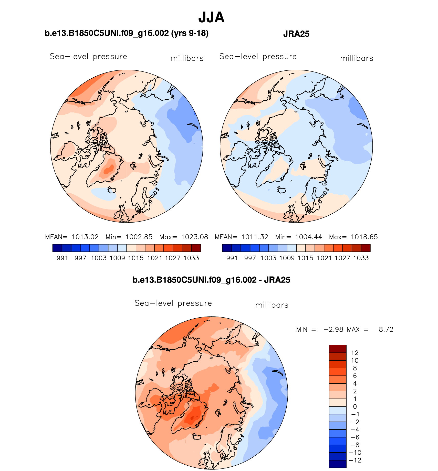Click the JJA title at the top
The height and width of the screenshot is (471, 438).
click(211, 17)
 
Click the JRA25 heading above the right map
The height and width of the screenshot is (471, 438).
click(296, 34)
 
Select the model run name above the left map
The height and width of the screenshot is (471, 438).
click(127, 33)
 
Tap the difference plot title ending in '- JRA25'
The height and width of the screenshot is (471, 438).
click(211, 280)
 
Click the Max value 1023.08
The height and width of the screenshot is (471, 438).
click(195, 237)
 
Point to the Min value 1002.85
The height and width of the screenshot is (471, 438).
click(139, 237)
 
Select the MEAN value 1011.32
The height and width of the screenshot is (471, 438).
click(255, 237)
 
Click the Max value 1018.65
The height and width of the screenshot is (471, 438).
click(364, 237)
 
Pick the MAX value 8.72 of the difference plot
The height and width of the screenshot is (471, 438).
click(386, 329)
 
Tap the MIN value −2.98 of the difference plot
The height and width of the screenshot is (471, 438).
click(333, 329)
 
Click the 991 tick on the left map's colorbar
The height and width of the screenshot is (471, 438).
click(62, 258)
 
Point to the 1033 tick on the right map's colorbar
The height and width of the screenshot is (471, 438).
click(361, 258)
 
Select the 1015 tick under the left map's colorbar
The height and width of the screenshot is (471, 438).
click(136, 258)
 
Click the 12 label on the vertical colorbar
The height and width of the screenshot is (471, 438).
click(355, 353)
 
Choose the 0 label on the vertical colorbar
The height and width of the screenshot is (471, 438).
click(355, 406)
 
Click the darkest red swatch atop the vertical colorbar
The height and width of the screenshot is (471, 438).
click(338, 349)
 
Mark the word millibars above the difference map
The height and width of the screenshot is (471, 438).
click(272, 305)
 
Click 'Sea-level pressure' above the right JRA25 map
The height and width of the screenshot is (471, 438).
click(258, 57)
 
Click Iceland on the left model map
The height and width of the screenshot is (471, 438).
click(112, 190)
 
